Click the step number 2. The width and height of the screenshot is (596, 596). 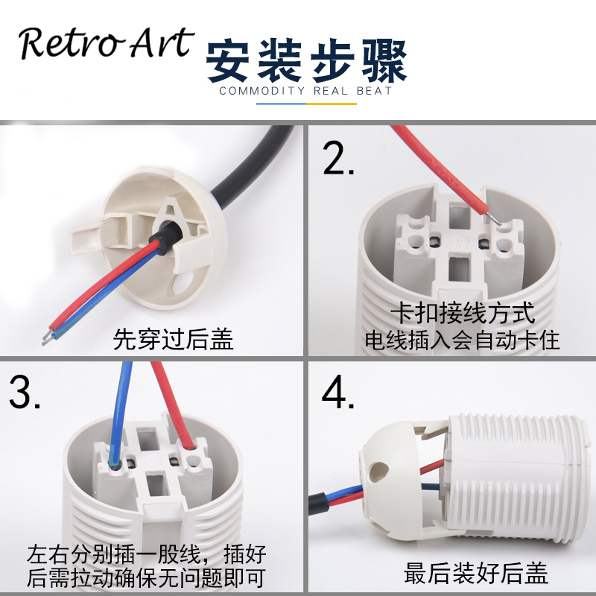click(x=339, y=158)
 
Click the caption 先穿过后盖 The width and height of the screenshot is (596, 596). click(x=173, y=340)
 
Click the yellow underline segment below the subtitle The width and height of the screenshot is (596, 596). click(x=331, y=104)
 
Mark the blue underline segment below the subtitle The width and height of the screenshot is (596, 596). click(x=281, y=104)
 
